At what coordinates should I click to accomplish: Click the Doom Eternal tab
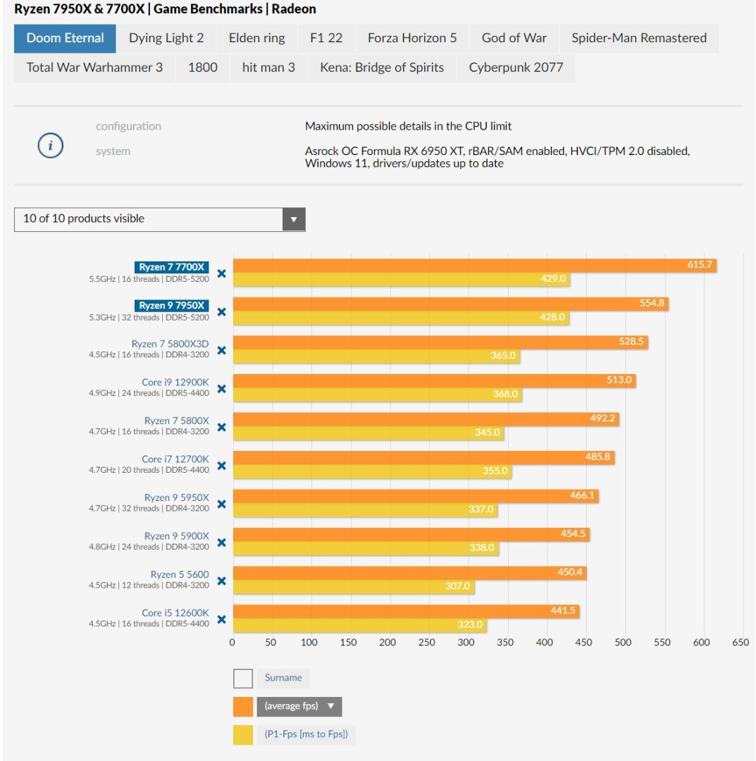[65, 39]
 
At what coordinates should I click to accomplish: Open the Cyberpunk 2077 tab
[516, 68]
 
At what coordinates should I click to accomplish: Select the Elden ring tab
[256, 39]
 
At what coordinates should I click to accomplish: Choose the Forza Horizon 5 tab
[411, 39]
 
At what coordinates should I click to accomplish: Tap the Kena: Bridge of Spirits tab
[382, 68]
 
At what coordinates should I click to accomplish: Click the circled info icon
[50, 146]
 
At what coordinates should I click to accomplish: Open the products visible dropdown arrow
[294, 219]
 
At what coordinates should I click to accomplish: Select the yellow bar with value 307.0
[352, 586]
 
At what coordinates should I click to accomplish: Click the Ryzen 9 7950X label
[172, 305]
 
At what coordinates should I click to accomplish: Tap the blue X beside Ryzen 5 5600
[221, 581]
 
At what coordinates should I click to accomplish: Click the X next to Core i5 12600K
[221, 619]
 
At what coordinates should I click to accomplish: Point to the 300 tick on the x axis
[466, 643]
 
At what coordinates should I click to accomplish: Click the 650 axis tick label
[740, 643]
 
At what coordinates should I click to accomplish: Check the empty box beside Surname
[242, 679]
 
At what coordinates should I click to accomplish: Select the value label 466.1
[582, 495]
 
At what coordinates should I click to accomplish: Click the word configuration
[128, 126]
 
